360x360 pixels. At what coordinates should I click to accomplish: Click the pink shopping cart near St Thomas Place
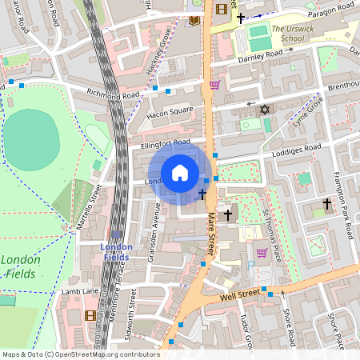(x=261, y=253)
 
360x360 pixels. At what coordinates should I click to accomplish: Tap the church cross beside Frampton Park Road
(x=326, y=205)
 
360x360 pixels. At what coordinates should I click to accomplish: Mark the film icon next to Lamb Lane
(x=90, y=314)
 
